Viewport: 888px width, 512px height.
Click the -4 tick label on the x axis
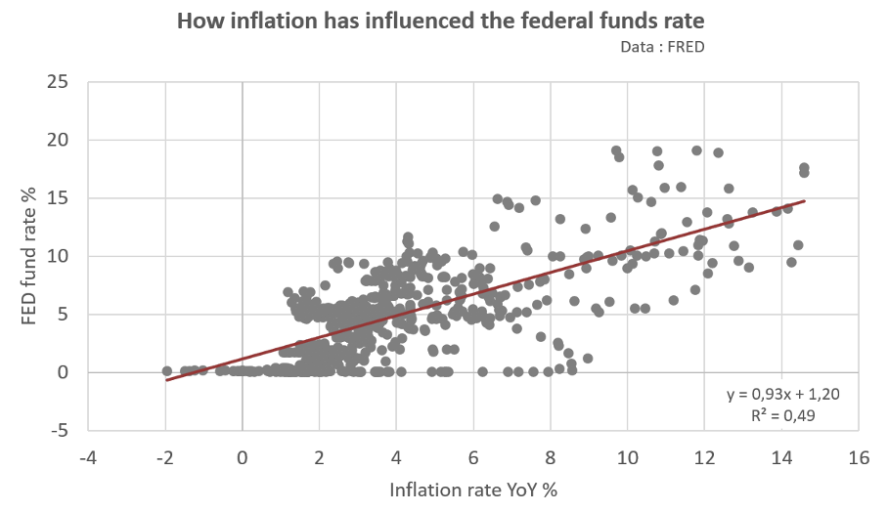[x=88, y=456]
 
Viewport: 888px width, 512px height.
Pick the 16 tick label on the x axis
[x=859, y=456]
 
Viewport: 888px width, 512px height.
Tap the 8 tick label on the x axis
[x=551, y=456]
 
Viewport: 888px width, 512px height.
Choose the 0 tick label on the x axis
[x=243, y=456]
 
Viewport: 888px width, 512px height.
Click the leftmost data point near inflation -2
[x=166, y=371]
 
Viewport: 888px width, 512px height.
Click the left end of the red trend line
[x=167, y=380]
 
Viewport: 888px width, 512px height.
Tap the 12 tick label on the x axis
[x=704, y=456]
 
